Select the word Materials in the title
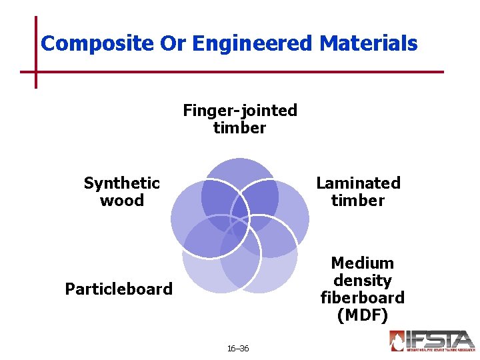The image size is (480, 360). point(369,44)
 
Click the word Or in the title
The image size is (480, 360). point(173,44)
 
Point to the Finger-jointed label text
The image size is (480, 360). point(240,110)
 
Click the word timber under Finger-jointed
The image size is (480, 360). point(240,127)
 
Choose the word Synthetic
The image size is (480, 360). point(122,183)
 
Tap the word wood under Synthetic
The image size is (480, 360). point(122,200)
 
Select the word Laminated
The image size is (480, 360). point(358,183)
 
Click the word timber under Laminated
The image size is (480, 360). point(358,200)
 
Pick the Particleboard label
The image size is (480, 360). point(119,289)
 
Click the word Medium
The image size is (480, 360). point(362,263)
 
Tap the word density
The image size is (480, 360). point(362,280)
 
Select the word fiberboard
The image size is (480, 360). point(362,297)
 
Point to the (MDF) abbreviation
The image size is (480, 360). point(362,315)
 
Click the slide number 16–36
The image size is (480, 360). point(238,348)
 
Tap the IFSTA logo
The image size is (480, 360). point(432,341)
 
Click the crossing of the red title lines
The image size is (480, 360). point(36,71)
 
